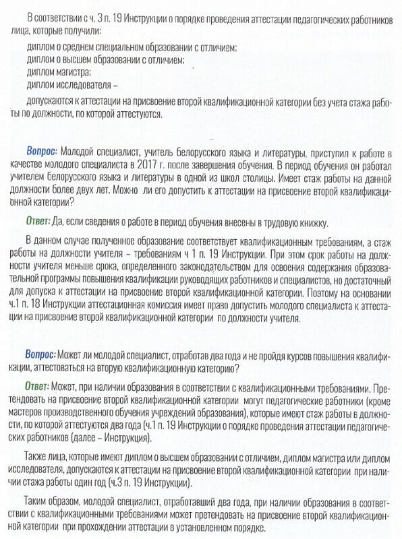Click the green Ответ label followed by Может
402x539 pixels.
(x=38, y=389)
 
